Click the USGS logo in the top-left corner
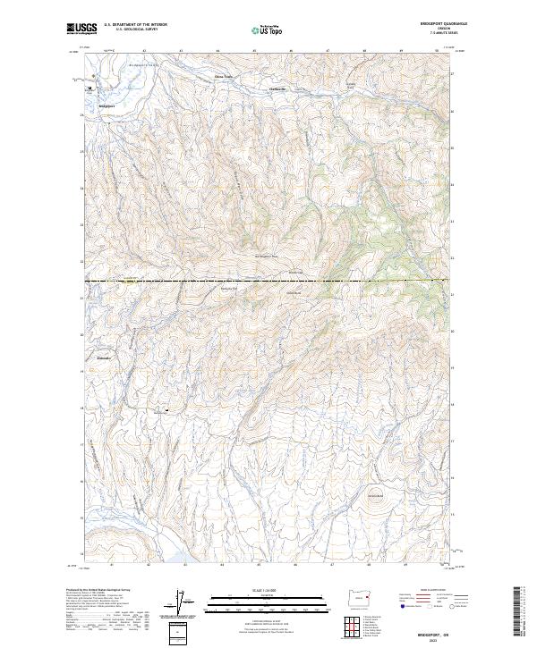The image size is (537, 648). coord(81,29)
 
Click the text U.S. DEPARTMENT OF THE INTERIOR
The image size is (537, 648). coord(137,25)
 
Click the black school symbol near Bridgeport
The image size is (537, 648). coord(89,88)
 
